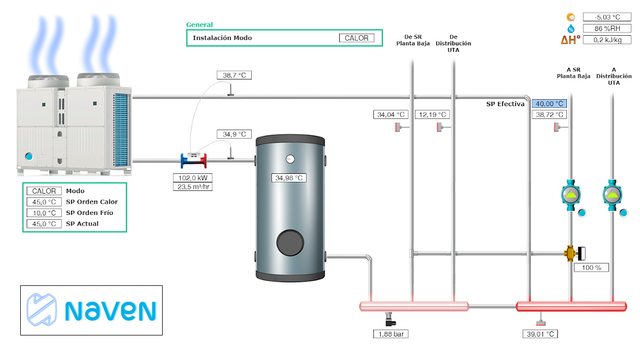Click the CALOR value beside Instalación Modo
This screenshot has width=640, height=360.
click(x=357, y=38)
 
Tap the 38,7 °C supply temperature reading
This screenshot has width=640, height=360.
click(x=234, y=75)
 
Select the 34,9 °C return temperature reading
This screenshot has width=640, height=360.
click(x=234, y=134)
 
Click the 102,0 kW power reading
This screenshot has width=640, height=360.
click(x=193, y=178)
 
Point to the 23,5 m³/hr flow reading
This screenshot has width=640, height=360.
click(x=193, y=187)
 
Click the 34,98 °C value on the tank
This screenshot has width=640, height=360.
click(x=289, y=178)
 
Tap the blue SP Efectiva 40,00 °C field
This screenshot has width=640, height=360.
click(x=549, y=104)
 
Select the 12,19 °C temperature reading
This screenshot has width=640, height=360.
click(x=432, y=115)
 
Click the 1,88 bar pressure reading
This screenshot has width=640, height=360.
click(x=391, y=334)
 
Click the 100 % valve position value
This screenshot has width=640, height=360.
click(x=591, y=268)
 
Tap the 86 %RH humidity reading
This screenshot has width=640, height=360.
click(x=606, y=28)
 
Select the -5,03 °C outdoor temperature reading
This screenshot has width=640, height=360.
click(x=606, y=17)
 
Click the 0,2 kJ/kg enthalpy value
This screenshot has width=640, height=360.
click(x=606, y=39)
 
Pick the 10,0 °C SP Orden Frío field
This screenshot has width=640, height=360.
click(x=44, y=213)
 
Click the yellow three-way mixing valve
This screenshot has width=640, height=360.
click(x=572, y=253)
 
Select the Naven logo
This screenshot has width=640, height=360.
click(x=91, y=310)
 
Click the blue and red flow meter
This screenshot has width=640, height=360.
click(x=194, y=159)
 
